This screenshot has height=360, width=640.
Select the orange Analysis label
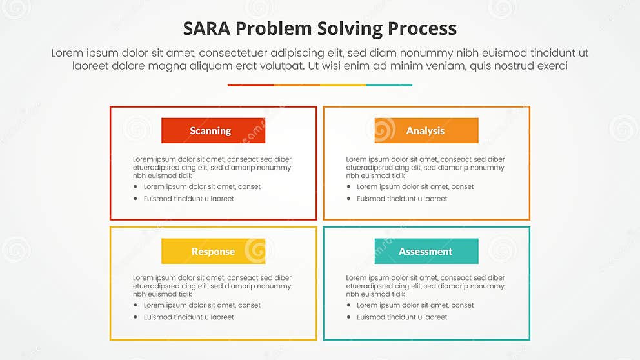[426, 131]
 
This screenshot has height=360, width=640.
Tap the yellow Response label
[213, 252]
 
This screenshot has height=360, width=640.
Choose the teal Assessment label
[426, 252]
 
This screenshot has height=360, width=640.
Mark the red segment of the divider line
[250, 85]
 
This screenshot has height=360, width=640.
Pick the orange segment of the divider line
[297, 85]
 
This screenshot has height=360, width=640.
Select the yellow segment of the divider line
[343, 85]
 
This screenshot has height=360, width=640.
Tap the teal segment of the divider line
[389, 85]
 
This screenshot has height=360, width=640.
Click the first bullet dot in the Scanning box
[136, 187]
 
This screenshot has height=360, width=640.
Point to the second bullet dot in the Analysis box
[349, 199]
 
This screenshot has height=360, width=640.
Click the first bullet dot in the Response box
[136, 306]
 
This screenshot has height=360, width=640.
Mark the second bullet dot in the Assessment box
[349, 318]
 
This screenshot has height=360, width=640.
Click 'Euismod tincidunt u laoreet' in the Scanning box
[188, 199]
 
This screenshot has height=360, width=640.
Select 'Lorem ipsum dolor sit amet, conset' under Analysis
[415, 186]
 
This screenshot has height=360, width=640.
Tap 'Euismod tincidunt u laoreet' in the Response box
[188, 317]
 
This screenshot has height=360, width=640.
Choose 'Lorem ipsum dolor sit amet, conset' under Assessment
[415, 305]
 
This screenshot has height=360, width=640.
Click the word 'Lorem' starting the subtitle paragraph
[67, 54]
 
